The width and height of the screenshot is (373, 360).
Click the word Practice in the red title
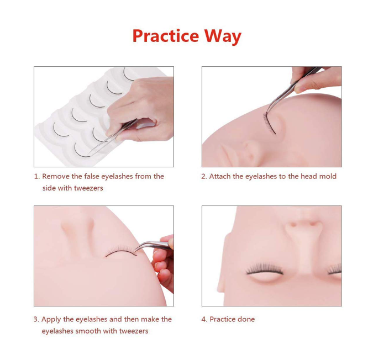(x=166, y=36)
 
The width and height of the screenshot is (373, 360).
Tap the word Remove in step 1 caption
(x=56, y=176)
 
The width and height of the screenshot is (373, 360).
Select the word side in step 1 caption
(x=49, y=188)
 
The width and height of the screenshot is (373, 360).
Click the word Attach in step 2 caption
(x=220, y=176)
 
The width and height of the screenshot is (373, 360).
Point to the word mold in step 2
(x=328, y=176)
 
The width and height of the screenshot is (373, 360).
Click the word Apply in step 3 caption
(x=51, y=320)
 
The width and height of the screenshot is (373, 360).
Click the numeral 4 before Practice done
(x=203, y=319)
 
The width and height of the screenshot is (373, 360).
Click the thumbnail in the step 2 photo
(x=298, y=89)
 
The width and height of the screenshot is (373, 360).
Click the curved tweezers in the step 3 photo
(x=153, y=246)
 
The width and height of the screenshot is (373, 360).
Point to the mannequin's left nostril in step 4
(x=293, y=224)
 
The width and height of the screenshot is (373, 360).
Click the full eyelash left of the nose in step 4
(x=265, y=269)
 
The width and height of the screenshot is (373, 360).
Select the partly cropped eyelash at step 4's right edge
(x=334, y=269)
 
